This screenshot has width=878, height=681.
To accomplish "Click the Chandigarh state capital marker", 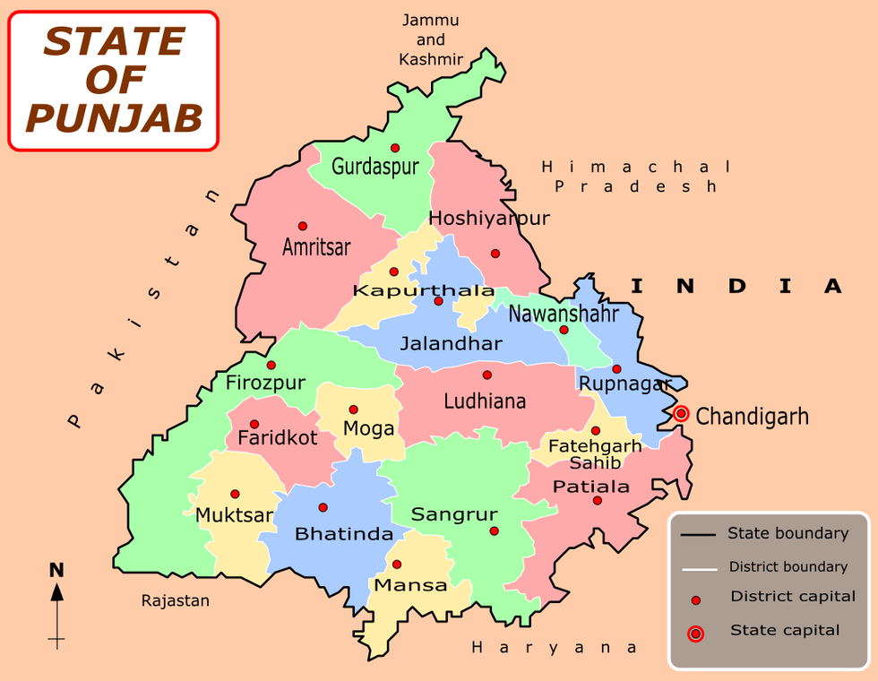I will [682, 414].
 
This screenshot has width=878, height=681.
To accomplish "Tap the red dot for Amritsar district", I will [303, 226].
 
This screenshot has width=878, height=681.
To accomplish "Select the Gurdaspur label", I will [374, 166].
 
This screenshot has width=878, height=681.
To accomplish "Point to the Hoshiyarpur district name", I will [489, 219].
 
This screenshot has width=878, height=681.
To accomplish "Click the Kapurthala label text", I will [424, 291].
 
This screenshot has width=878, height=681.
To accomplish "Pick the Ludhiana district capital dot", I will [487, 375].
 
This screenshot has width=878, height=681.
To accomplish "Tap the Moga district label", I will [369, 429].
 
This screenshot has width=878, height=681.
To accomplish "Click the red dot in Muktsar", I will [235, 494].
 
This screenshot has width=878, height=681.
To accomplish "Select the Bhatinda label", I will [344, 535].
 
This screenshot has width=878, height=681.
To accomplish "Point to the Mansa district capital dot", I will [397, 565].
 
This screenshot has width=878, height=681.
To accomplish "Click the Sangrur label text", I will [454, 515].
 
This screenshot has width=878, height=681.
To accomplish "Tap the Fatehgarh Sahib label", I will [595, 453].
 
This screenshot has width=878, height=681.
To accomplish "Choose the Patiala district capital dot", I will [597, 500].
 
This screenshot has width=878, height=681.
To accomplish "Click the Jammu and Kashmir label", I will [431, 40].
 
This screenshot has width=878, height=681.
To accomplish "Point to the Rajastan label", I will [176, 600].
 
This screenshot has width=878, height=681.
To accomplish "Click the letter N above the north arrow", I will [56, 570].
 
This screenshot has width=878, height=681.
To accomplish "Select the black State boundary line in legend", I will [698, 535].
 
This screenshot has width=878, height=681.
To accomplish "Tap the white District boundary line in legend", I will [698, 568].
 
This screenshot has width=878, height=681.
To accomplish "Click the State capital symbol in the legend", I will [695, 634].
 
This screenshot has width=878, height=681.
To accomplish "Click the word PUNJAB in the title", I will [114, 117].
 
